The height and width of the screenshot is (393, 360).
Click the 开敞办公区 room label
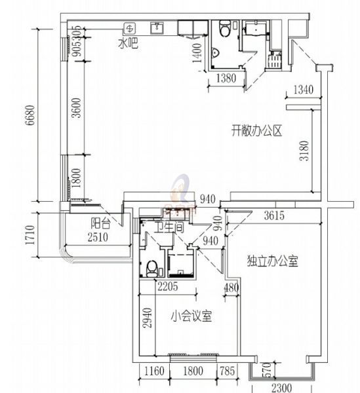(x=256, y=130)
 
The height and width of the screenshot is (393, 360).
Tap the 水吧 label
(x=128, y=44)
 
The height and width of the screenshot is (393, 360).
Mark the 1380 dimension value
(x=225, y=79)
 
